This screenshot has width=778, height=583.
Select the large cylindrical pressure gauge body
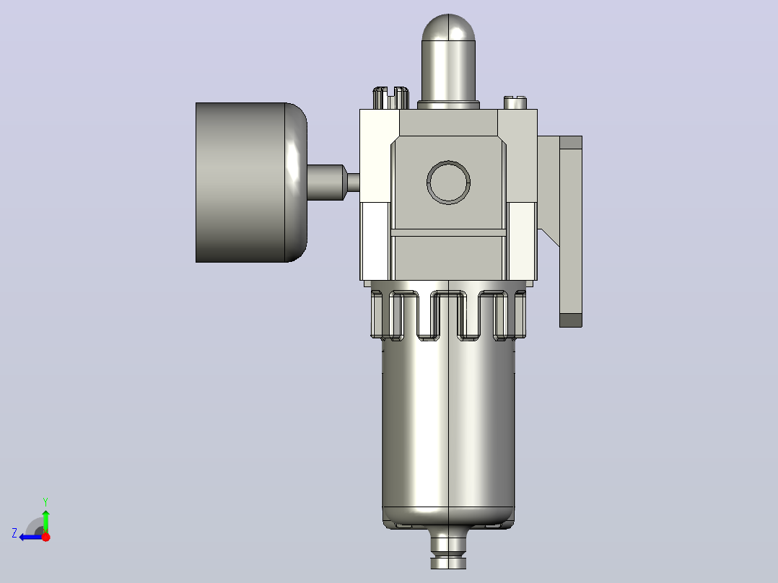point(240,182)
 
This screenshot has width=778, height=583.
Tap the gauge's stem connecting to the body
point(333,183)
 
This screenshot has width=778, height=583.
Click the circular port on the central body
point(449,182)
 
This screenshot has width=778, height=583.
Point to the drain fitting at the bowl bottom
point(449,548)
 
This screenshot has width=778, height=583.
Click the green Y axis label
point(45,501)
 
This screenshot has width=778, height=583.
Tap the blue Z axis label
point(14,533)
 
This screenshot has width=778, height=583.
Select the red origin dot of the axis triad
point(45,537)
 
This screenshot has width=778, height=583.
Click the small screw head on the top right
point(515,102)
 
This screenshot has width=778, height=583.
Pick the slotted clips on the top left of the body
point(391,97)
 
